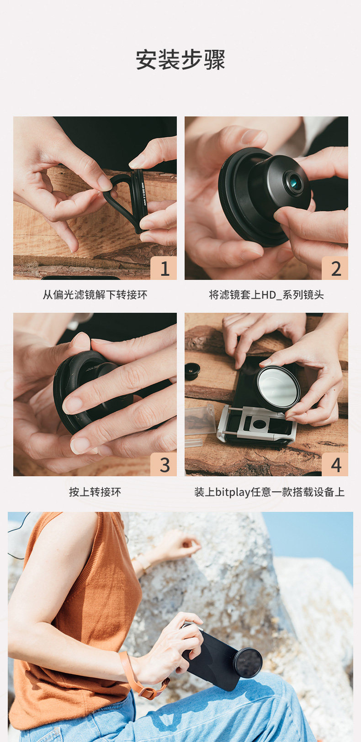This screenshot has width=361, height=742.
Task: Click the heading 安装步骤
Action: [x=180, y=60]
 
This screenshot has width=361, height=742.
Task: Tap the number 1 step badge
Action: [x=164, y=268]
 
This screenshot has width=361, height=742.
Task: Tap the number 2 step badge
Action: [x=335, y=268]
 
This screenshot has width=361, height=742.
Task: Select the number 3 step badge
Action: [x=164, y=464]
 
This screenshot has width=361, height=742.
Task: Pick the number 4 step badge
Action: [x=335, y=464]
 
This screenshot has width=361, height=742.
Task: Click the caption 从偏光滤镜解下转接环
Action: [x=95, y=295]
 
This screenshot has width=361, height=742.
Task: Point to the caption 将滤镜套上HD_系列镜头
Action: [x=266, y=295]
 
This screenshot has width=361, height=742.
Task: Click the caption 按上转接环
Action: [x=95, y=492]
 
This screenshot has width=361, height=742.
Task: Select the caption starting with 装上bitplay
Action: [x=269, y=492]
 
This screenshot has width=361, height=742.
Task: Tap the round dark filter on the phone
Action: [x=247, y=663]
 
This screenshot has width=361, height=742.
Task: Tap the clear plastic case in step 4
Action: [x=200, y=420]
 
